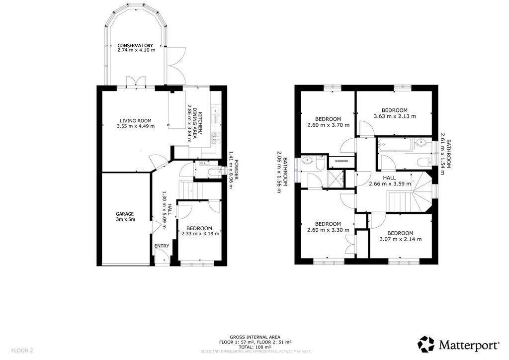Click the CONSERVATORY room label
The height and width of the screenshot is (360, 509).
click(135, 45)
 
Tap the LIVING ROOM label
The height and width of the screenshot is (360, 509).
click(135, 121)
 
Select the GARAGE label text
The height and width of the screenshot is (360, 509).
click(125, 214)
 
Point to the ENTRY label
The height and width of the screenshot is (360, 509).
click(162, 246)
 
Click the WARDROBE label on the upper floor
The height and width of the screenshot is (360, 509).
click(341, 161)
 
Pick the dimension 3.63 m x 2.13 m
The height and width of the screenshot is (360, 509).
click(395, 116)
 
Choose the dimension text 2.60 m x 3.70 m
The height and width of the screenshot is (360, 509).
click(328, 125)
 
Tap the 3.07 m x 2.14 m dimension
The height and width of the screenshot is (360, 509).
click(401, 239)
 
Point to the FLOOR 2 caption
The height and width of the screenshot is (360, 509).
click(22, 351)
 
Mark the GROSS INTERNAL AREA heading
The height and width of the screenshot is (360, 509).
click(255, 337)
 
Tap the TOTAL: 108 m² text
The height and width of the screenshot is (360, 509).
click(255, 347)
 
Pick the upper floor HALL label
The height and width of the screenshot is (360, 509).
click(389, 178)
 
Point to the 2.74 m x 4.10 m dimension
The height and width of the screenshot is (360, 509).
click(136, 50)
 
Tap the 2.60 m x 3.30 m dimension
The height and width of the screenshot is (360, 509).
click(328, 230)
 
